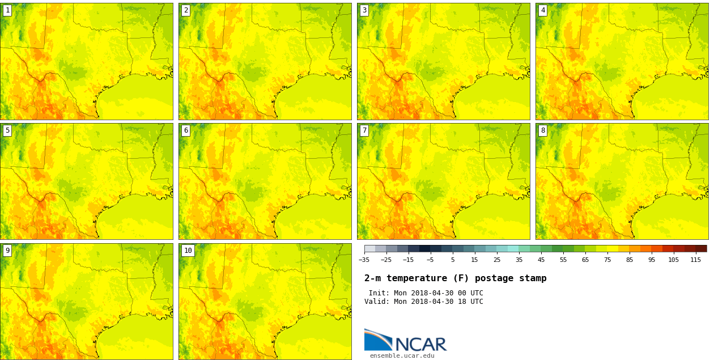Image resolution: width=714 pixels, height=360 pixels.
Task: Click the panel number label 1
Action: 7,10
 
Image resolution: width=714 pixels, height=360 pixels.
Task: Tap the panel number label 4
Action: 543,10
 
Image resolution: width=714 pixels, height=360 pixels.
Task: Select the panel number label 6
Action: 186,130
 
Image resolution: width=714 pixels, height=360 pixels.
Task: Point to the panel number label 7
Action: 364,130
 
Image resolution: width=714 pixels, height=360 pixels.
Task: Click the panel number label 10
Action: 188,251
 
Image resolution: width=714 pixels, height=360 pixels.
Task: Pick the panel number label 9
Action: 7,251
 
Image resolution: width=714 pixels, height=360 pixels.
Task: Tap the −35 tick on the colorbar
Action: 364,260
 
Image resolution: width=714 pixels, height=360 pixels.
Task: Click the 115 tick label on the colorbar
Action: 695,260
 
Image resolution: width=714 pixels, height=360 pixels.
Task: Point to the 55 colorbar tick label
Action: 563,260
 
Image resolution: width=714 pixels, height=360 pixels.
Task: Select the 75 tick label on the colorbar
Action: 607,260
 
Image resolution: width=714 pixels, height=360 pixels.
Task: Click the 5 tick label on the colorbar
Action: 452,260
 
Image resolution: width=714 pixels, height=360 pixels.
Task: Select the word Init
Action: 379,293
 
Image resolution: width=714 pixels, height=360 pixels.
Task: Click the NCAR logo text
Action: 420,344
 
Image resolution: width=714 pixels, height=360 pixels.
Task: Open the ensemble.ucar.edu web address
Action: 402,356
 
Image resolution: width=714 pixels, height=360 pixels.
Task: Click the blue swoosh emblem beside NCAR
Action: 377,340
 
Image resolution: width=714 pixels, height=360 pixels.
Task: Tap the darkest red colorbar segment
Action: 701,248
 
